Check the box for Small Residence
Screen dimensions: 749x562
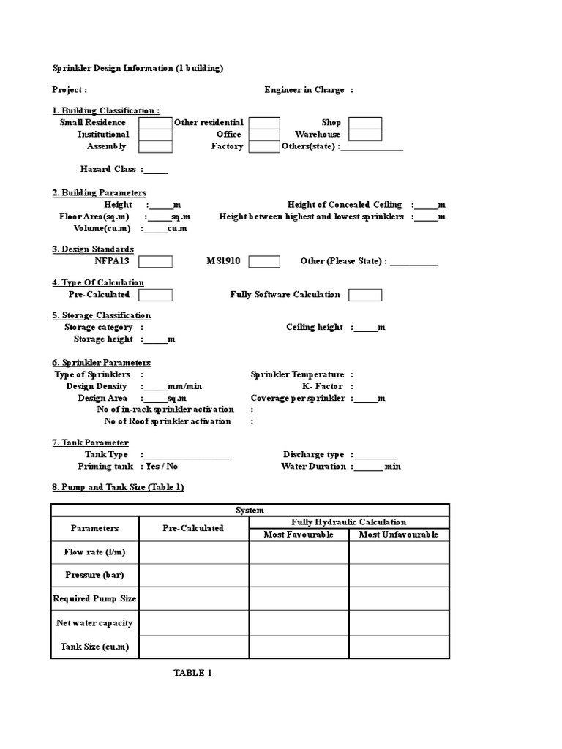point(155,123)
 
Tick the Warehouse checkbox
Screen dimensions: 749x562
point(364,135)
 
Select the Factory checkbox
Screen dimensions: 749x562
point(263,146)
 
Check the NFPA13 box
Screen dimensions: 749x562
point(155,262)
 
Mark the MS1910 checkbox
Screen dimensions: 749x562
point(264,262)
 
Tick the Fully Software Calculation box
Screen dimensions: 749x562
point(364,295)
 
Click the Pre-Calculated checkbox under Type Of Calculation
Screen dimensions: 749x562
point(155,295)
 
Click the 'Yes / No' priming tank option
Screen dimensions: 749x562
point(162,466)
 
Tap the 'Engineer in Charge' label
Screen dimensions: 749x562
point(304,90)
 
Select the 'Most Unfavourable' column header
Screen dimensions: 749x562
point(399,535)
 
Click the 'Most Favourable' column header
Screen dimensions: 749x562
point(299,535)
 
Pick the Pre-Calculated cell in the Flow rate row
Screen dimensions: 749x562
point(193,552)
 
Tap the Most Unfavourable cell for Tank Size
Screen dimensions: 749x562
point(399,647)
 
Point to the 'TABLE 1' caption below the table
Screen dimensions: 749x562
point(192,673)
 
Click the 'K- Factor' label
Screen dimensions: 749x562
point(323,386)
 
